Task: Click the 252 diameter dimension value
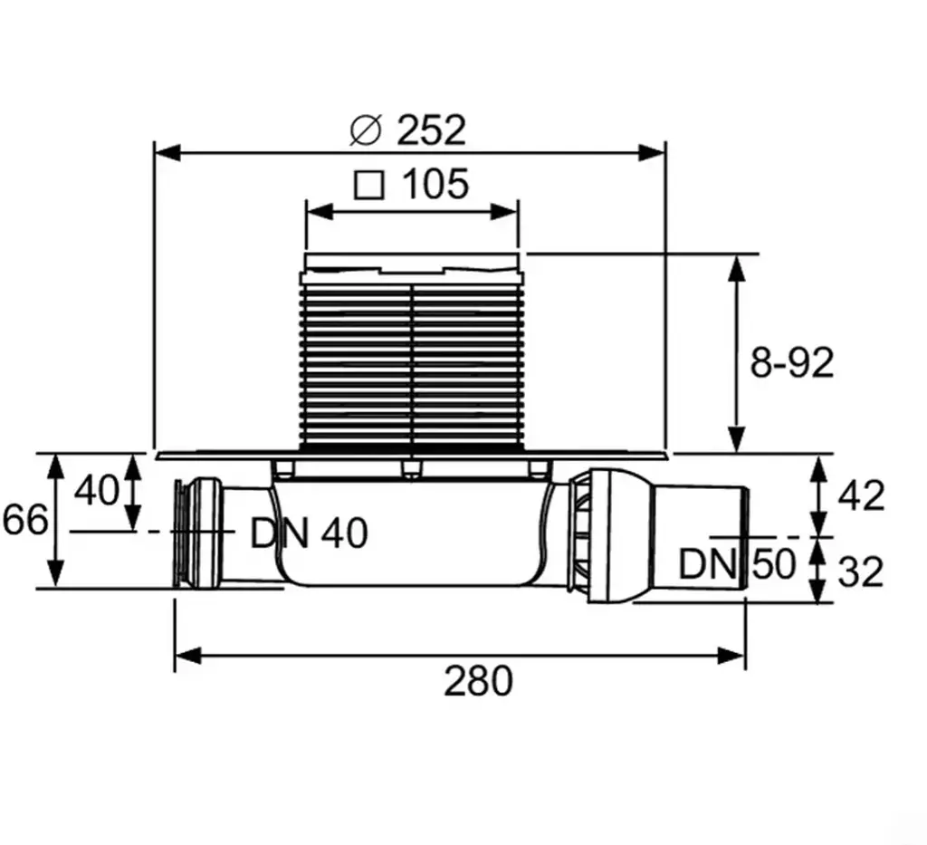431,130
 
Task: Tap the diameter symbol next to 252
366,130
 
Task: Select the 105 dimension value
435,184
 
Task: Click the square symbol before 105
369,185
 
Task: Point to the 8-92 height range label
791,362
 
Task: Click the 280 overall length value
478,681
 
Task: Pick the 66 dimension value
24,521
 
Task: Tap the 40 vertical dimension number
96,490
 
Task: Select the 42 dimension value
862,495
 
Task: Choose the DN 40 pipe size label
310,533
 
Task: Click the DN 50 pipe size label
737,563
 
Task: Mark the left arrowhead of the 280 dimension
189,655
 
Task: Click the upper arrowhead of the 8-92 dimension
737,269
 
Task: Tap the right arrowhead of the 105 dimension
505,211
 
